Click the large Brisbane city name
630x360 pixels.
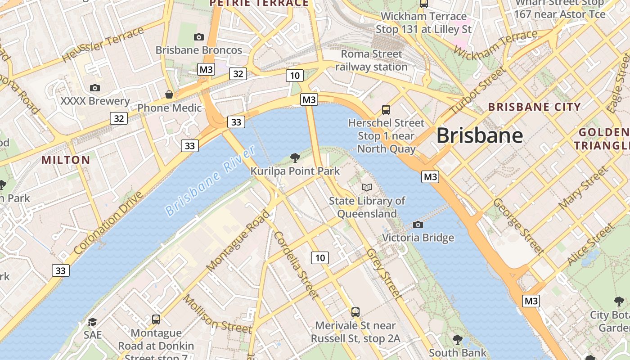(480, 135)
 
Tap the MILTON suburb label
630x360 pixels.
(66, 160)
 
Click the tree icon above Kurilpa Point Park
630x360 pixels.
(295, 157)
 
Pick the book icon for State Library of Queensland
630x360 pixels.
(367, 187)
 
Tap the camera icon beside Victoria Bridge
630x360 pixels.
(418, 225)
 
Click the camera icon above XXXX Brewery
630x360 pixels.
(95, 88)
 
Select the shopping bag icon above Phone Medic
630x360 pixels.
(169, 94)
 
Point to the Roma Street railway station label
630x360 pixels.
(371, 60)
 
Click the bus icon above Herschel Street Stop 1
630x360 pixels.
(386, 109)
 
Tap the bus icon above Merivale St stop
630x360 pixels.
(355, 312)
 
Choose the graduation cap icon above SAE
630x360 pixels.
(92, 322)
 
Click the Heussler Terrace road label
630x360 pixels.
(103, 44)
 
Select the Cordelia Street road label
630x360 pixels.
(295, 265)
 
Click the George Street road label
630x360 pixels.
(518, 226)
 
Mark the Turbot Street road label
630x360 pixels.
(477, 90)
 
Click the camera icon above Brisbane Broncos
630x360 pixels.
(198, 37)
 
